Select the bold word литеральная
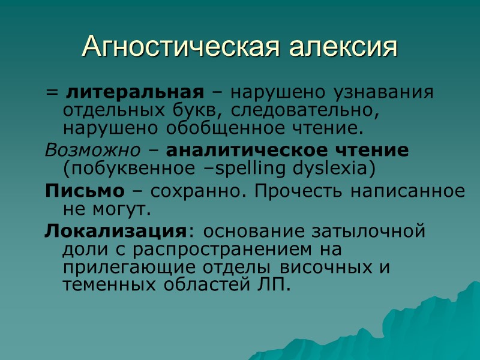(132, 93)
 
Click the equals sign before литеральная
(52, 94)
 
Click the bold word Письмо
(85, 191)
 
